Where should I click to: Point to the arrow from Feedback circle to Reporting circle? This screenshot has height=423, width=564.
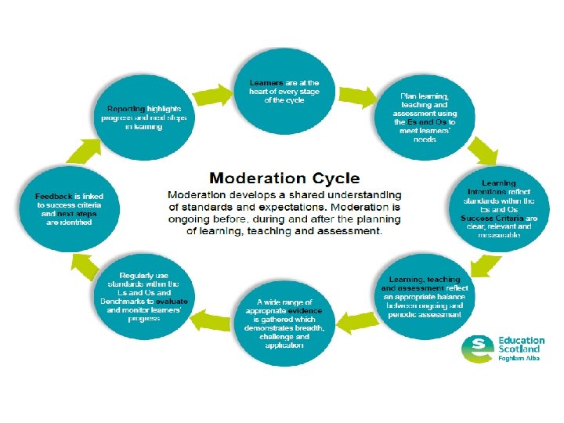point(85,146)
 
